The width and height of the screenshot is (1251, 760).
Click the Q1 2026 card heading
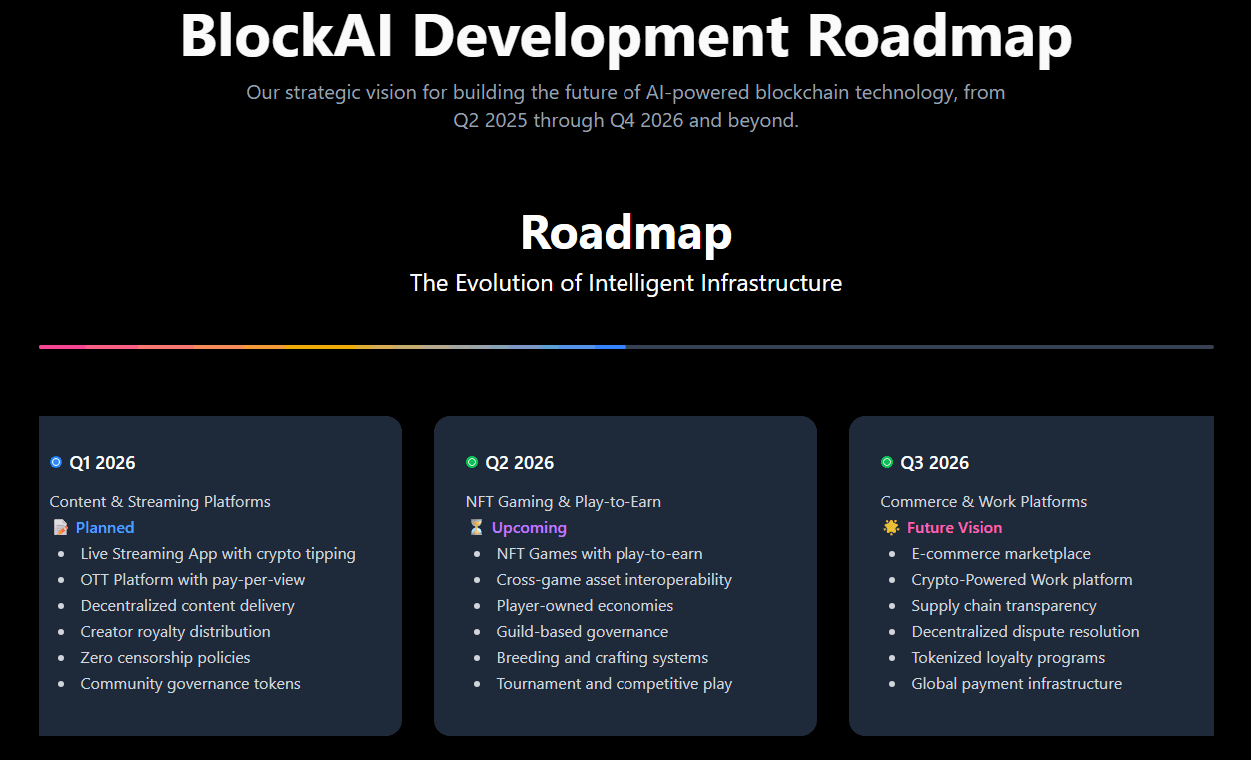pos(102,463)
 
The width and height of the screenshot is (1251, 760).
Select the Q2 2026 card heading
pos(519,463)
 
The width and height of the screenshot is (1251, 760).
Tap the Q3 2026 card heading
pos(934,463)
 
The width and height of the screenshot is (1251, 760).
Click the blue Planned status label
pos(105,528)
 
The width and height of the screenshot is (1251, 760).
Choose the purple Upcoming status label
pos(529,528)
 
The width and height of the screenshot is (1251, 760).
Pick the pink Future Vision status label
pos(954,528)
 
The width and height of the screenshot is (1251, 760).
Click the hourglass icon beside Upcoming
pos(475,528)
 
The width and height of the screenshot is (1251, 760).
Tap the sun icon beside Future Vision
pos(891,528)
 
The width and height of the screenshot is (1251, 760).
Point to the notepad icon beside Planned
pos(60,528)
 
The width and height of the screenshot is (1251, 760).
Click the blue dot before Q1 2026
pos(56,462)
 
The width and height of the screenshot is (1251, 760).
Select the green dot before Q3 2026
pos(887,462)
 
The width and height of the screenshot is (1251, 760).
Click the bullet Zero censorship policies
pos(165,658)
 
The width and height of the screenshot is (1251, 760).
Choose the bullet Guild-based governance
pos(583,632)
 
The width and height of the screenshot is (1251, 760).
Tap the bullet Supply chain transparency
pos(1004,606)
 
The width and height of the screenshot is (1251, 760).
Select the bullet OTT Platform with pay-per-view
pos(193,580)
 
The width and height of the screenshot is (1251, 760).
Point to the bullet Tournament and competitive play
pos(615,684)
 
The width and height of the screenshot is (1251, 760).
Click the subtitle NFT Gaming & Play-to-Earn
pos(564,502)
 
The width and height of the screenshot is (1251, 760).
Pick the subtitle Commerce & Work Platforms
pos(984,502)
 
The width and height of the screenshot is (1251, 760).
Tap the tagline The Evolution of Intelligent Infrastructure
pos(625,283)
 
